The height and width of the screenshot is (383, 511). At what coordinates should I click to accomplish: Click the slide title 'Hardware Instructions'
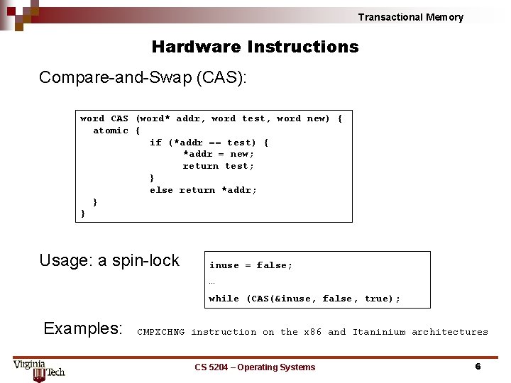tap(255, 47)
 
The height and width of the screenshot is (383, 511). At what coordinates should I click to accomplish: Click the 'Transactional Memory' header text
tap(410, 17)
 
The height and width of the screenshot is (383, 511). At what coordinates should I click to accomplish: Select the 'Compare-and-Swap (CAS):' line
tap(143, 77)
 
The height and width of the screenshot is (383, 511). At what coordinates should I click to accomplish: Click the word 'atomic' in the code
tap(111, 131)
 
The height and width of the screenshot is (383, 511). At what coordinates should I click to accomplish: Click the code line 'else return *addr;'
tap(203, 190)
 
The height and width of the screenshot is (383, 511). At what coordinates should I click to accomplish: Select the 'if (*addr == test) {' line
tap(209, 143)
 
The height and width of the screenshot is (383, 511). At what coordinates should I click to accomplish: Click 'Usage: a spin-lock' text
tap(109, 260)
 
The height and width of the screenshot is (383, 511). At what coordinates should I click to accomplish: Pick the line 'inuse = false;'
tap(251, 265)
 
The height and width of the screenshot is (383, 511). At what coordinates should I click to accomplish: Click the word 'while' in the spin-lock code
tap(224, 299)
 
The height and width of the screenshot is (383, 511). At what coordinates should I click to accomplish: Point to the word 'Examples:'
tap(83, 328)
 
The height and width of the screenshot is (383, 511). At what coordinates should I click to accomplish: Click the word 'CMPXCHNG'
tap(160, 332)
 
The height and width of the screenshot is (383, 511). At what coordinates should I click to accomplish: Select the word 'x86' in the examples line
tap(313, 332)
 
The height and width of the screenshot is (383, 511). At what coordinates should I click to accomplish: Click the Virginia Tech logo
tap(39, 370)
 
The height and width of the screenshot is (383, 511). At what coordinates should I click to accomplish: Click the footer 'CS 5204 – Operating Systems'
tap(255, 367)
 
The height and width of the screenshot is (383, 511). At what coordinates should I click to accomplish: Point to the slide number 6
tap(478, 367)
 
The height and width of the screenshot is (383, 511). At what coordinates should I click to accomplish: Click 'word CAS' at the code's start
tap(104, 118)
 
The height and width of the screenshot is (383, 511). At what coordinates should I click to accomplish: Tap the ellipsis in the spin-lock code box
tap(211, 282)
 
